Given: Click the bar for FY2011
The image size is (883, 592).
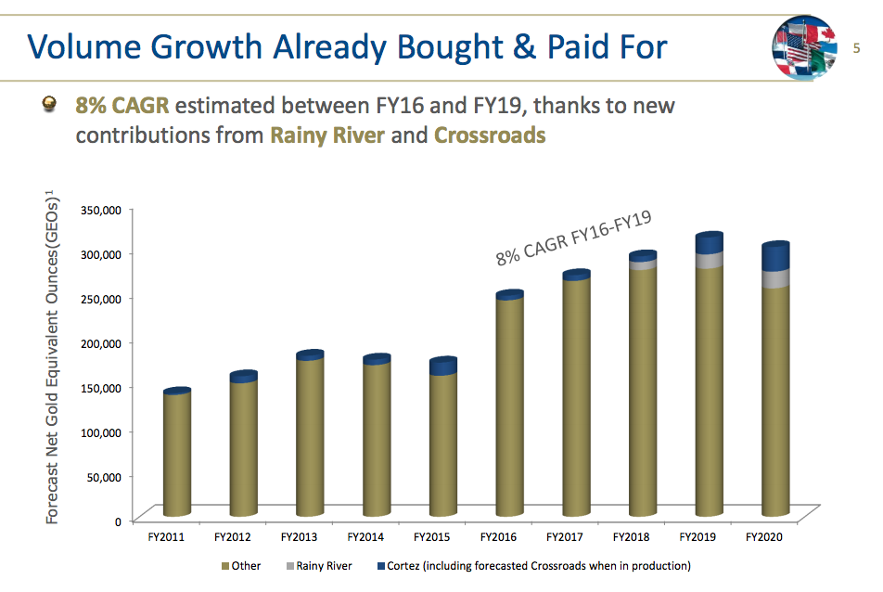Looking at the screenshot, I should (x=176, y=455).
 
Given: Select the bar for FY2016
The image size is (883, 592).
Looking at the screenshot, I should (x=509, y=408).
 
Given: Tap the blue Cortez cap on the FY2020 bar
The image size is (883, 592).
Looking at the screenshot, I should (x=775, y=257).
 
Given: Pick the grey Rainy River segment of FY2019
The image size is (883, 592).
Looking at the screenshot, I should (x=709, y=261).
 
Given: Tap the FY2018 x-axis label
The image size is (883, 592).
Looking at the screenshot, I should (x=631, y=537).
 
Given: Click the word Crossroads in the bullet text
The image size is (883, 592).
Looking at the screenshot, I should (x=490, y=135).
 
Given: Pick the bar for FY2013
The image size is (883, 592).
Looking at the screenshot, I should (x=309, y=436).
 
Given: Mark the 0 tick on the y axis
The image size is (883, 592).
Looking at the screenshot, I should (x=118, y=521).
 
